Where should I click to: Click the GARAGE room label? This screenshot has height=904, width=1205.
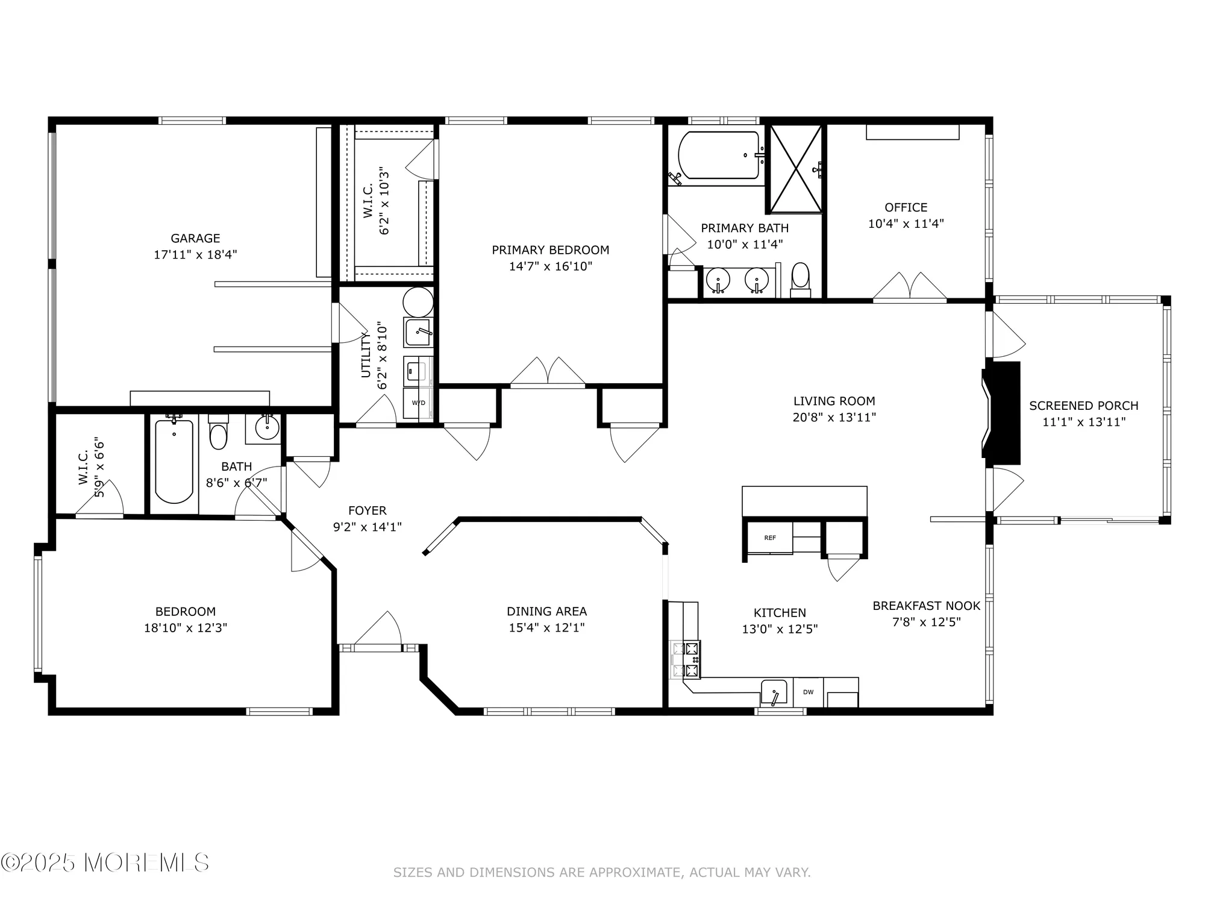click(x=195, y=238)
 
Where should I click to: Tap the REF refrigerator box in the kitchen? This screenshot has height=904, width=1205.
click(x=769, y=538)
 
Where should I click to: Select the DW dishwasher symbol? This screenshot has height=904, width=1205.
click(x=808, y=692)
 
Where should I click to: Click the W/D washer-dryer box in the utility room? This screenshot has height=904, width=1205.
click(x=418, y=403)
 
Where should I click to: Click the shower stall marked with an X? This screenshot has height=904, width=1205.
click(x=796, y=168)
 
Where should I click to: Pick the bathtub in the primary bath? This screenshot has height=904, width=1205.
click(x=719, y=155)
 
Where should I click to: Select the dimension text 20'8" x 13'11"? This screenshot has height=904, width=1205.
click(x=834, y=417)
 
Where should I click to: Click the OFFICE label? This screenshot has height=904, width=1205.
click(x=906, y=207)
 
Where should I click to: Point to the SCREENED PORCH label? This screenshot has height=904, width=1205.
click(x=1083, y=406)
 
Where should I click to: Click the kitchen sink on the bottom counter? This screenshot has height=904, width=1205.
click(x=774, y=691)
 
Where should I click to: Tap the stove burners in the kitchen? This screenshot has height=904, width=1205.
click(x=687, y=659)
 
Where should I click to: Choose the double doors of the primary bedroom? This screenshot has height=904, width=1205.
click(x=548, y=372)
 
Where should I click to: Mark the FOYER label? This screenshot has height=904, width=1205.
click(x=367, y=510)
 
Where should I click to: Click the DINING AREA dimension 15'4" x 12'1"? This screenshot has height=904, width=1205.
click(x=546, y=627)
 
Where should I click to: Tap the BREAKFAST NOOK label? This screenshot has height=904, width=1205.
click(x=926, y=606)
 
